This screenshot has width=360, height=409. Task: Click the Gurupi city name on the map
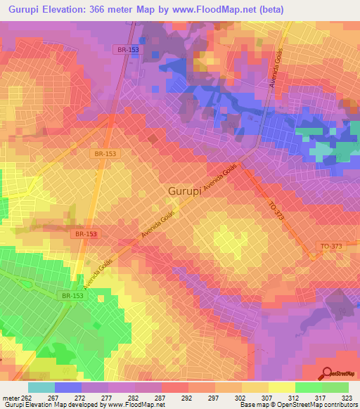[185, 191]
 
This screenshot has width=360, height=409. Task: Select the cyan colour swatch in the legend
[41, 387]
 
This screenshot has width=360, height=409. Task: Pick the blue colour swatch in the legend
[67, 387]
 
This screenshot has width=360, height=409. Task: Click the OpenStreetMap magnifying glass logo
[326, 375]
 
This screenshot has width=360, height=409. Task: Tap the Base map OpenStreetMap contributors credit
[296, 405]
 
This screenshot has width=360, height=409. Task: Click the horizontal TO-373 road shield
[330, 245]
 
